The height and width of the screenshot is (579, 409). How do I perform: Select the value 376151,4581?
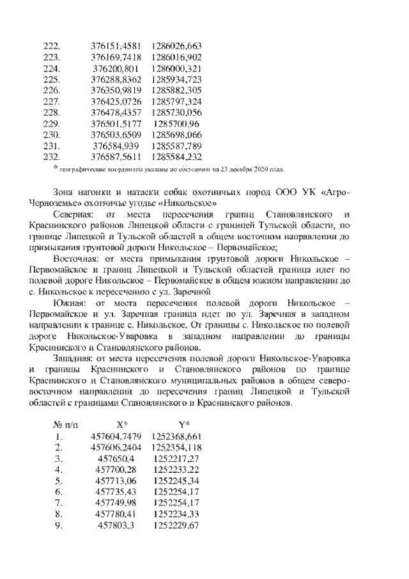point(115,46)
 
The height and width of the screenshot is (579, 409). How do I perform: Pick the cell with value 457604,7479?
point(115,436)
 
